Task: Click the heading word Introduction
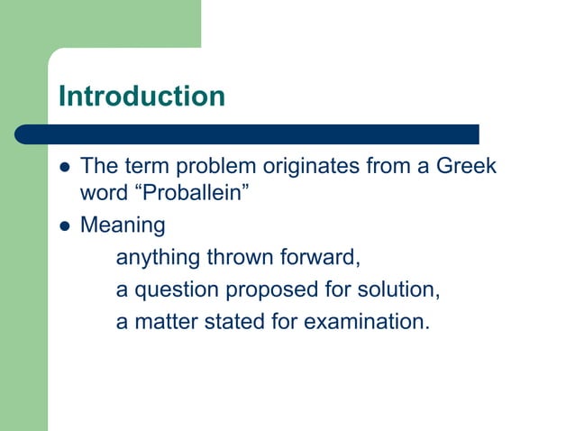coord(141,96)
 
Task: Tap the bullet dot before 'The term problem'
coord(63,168)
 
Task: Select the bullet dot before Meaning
coord(63,225)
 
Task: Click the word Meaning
coord(123,225)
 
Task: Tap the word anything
coord(158,260)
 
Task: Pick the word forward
coord(321,259)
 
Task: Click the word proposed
coord(270,290)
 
